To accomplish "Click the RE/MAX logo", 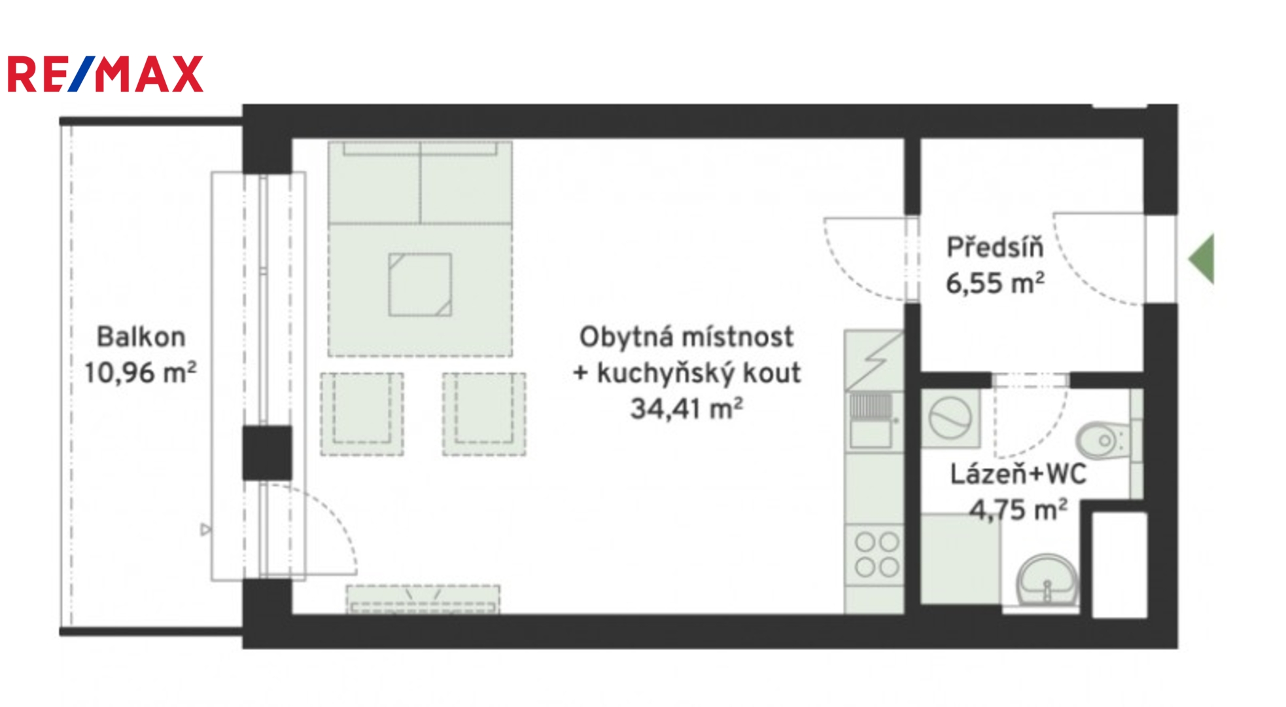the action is tap(105, 74).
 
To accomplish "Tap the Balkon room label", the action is tap(141, 336).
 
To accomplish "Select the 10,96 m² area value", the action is tap(140, 372).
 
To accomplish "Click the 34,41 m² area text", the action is tap(686, 408).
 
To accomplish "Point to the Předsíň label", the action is tap(995, 247).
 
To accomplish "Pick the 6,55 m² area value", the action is tap(995, 283).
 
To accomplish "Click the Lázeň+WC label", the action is tap(1018, 474).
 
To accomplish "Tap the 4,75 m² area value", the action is tap(1018, 509).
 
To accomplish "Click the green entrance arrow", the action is tap(1202, 259).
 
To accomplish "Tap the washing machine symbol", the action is tap(950, 418).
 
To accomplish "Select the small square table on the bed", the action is tap(420, 285).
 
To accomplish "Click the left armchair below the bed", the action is tap(362, 414).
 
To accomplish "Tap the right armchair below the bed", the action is tap(484, 414).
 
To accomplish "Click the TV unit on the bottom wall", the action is tap(423, 599).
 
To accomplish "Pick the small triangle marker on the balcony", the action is tap(206, 529).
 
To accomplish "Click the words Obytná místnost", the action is tap(686, 336).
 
